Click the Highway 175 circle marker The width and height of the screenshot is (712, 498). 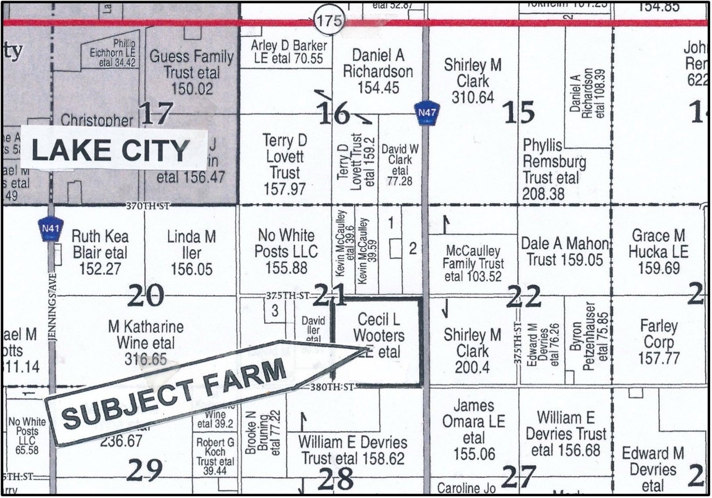[329, 21]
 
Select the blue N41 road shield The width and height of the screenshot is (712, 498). [50, 229]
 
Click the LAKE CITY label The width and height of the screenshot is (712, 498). [111, 150]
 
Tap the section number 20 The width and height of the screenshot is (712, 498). [146, 296]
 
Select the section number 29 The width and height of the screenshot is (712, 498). [144, 470]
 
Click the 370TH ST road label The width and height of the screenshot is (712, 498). [147, 205]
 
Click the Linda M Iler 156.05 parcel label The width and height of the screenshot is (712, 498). [192, 253]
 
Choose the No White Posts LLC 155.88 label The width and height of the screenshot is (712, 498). [286, 251]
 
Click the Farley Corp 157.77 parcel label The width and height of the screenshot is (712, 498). [658, 342]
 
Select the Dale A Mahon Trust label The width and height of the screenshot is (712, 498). [565, 251]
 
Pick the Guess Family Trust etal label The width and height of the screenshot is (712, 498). [192, 72]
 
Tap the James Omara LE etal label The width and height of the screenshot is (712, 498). [473, 429]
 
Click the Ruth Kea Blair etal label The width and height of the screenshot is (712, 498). [100, 252]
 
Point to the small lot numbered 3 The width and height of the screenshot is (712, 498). [275, 311]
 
